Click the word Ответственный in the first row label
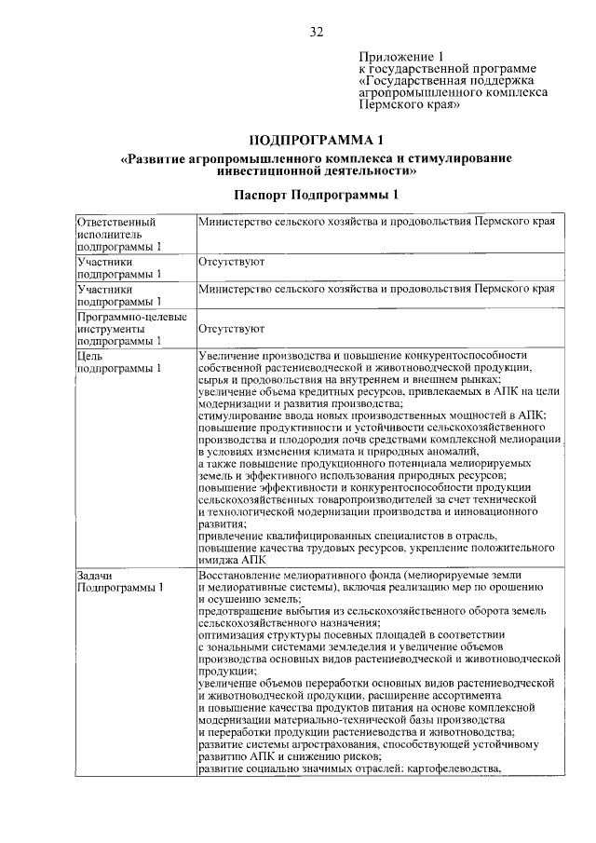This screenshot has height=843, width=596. [x=115, y=224]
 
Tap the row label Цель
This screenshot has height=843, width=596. [x=91, y=355]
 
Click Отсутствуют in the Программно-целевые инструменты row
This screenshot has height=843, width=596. [x=231, y=329]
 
